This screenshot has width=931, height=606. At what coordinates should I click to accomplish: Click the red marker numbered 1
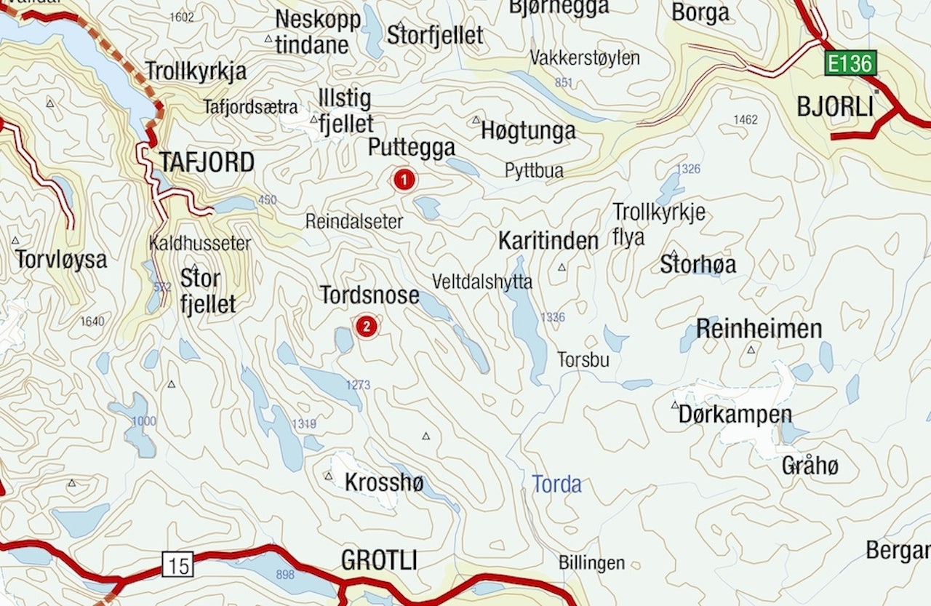(404, 179)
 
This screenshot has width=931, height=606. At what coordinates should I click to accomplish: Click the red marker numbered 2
(367, 326)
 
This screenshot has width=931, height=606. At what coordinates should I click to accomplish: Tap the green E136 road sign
(850, 63)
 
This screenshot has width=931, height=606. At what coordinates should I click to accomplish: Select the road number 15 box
(177, 564)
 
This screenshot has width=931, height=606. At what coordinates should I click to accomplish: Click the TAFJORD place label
(207, 162)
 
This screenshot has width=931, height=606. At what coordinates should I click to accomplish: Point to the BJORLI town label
(835, 107)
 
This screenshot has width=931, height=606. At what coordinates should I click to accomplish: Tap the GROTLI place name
(379, 560)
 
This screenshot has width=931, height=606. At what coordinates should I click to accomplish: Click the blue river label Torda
(556, 484)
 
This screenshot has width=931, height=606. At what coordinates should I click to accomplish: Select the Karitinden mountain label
(548, 242)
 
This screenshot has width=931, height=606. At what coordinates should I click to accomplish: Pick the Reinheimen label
(759, 329)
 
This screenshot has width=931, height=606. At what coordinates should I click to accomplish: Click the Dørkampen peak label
(735, 415)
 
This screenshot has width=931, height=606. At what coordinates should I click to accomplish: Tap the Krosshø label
(383, 482)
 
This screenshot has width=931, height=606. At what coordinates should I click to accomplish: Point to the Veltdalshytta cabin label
(482, 282)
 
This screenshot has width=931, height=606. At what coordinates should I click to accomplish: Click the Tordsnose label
(369, 295)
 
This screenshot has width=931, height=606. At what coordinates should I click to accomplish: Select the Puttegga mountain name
(411, 148)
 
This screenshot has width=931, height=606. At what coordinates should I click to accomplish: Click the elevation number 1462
(746, 119)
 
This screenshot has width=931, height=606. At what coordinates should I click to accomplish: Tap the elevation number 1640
(92, 322)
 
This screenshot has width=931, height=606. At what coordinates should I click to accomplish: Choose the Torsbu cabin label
(583, 360)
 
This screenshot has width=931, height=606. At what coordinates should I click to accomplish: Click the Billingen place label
(591, 562)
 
